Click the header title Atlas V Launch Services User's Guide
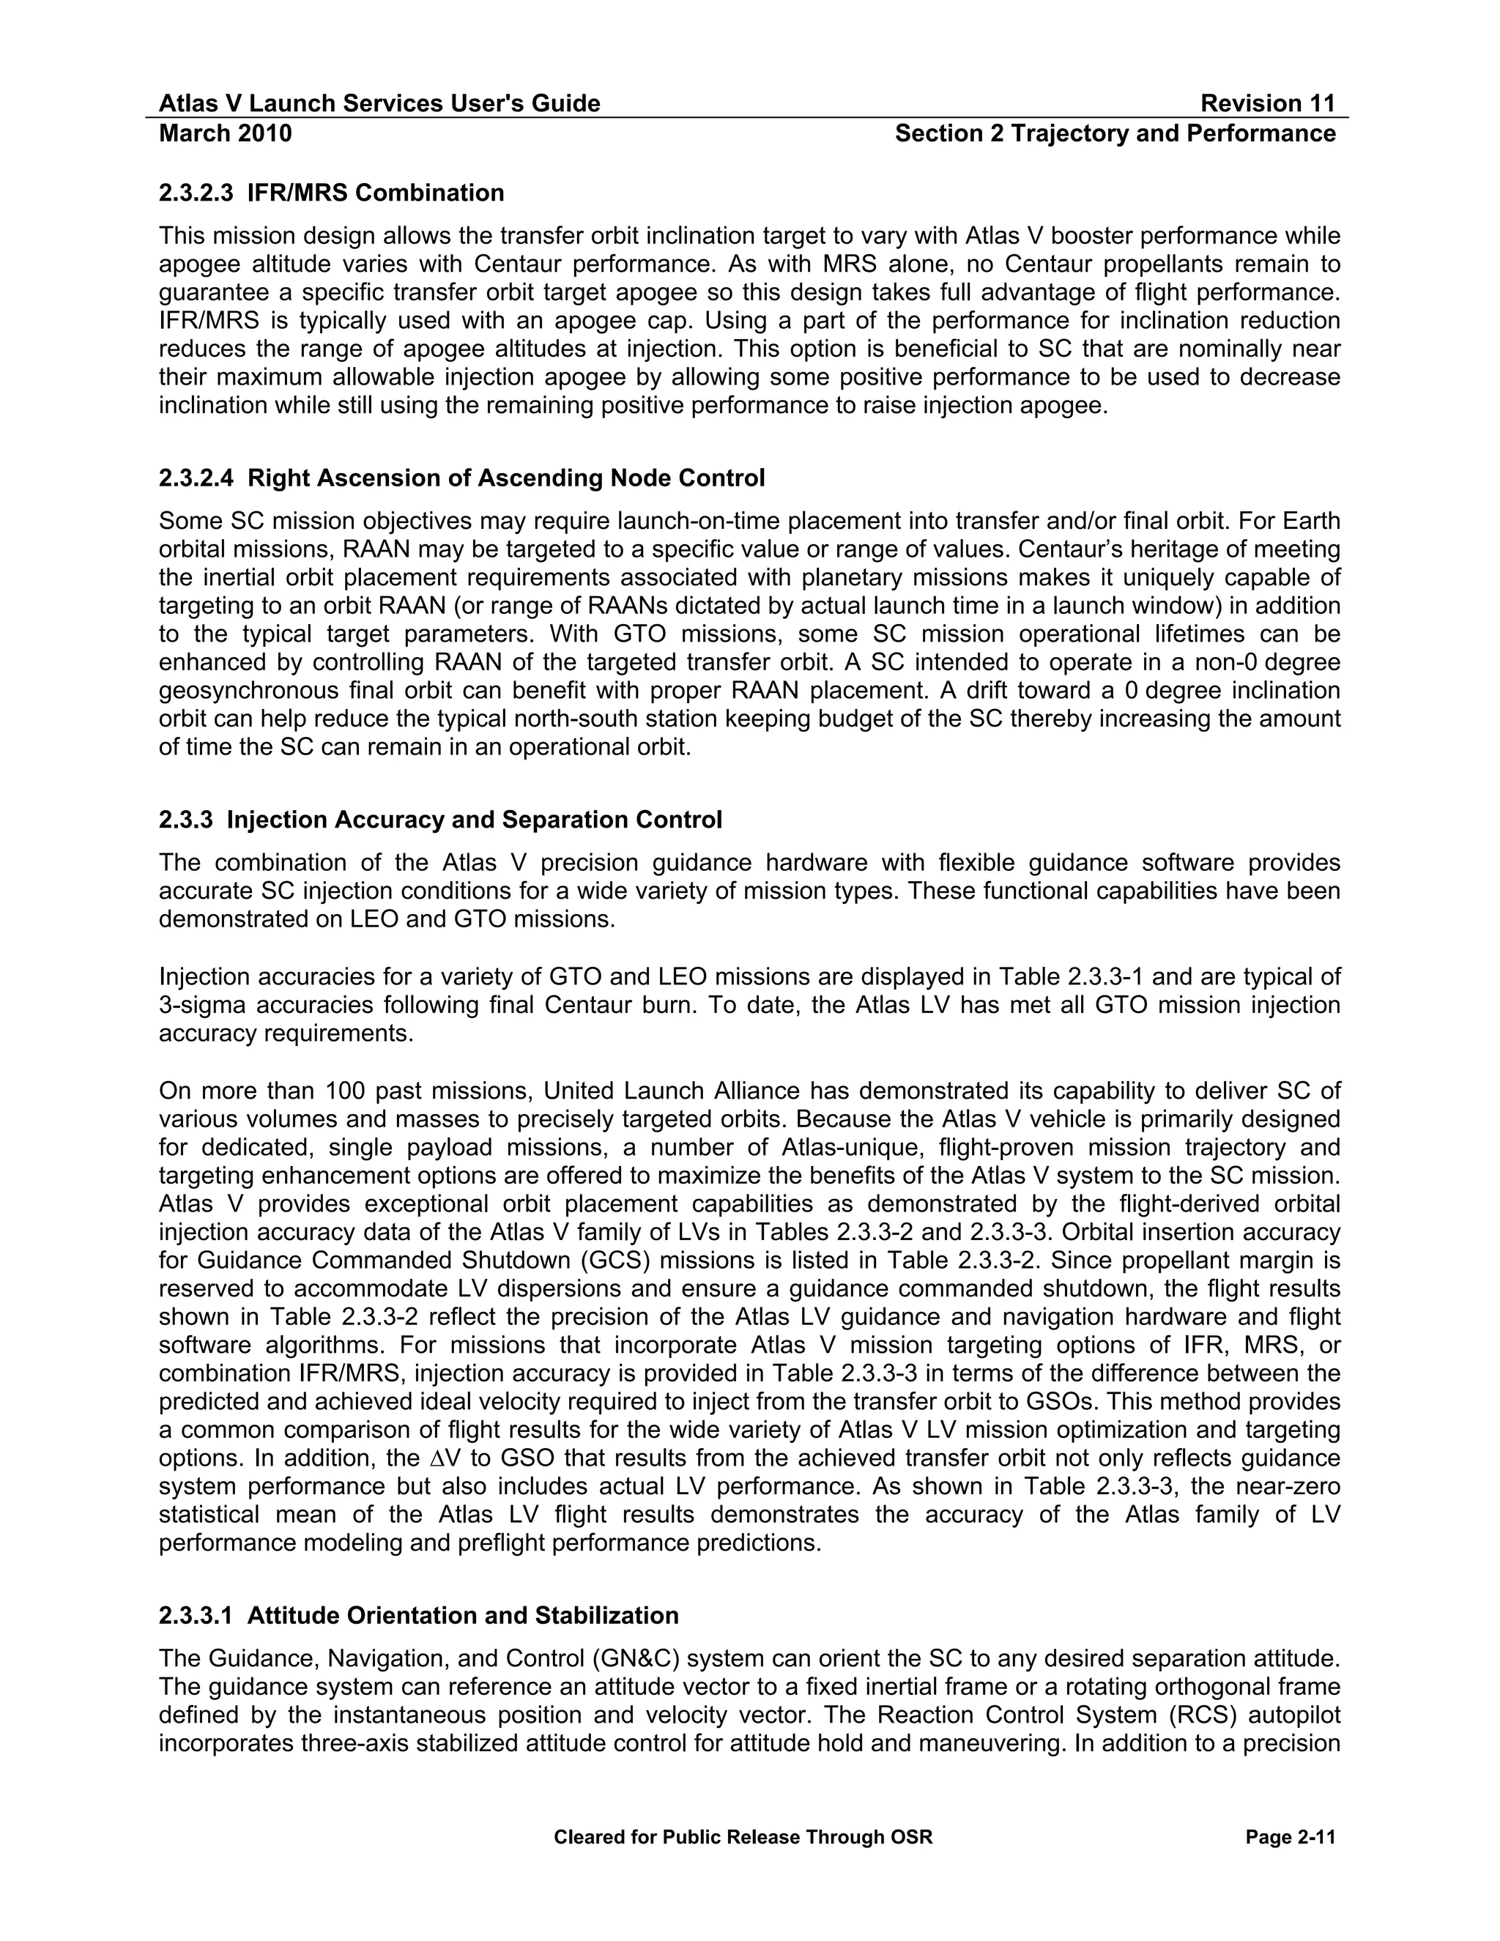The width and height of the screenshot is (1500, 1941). tap(379, 104)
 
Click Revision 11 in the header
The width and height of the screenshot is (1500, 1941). tap(1267, 104)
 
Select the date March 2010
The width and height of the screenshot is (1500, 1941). tap(225, 133)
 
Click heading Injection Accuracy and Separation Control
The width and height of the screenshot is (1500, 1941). tap(475, 820)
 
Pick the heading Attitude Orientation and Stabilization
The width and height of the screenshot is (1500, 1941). tap(463, 1615)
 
